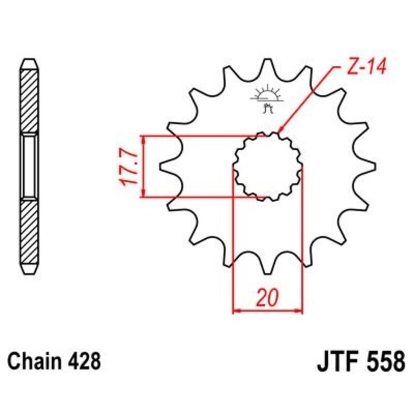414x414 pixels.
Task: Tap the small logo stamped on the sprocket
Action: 267,99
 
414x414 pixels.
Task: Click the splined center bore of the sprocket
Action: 268,167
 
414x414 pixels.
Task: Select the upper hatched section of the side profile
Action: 29,101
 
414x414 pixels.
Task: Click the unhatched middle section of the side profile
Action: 29,166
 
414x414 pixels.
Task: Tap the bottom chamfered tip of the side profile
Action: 29,270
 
